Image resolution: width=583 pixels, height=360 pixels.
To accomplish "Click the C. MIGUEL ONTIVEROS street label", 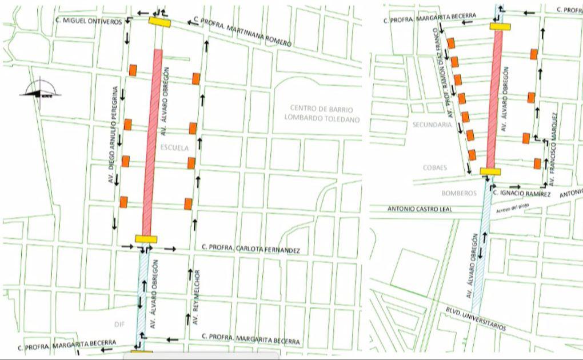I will pyautogui.click(x=89, y=21).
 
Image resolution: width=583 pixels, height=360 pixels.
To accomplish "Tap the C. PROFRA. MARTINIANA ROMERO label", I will pyautogui.click(x=243, y=31).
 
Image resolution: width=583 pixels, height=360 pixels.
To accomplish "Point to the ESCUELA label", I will pyautogui.click(x=174, y=147).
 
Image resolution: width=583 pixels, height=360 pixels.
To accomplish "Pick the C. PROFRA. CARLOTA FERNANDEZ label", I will pyautogui.click(x=251, y=250).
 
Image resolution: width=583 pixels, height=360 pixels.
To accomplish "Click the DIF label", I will pyautogui.click(x=119, y=324).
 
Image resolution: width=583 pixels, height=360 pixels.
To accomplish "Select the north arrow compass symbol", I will pyautogui.click(x=40, y=90).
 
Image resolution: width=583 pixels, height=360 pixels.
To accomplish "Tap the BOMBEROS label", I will pyautogui.click(x=458, y=193).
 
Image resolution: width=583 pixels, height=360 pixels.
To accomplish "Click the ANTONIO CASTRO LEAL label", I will pyautogui.click(x=420, y=209).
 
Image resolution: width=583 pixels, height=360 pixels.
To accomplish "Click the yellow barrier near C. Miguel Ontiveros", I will pyautogui.click(x=161, y=21).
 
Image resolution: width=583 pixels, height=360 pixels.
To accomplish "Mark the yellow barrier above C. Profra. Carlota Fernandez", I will pyautogui.click(x=146, y=239).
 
